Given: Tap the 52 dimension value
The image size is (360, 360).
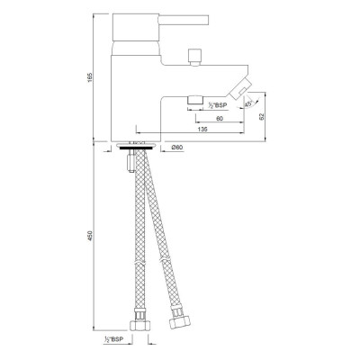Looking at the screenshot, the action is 261,117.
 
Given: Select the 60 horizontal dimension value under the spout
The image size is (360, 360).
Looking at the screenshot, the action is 220,119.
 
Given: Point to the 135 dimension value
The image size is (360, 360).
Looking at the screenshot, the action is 202,130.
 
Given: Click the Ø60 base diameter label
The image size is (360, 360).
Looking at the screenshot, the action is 177,148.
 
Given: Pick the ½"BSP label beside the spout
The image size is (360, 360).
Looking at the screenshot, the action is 218,105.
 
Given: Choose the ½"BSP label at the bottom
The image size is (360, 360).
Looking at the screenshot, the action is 113,339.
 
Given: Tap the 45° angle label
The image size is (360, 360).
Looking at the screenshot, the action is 248,103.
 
